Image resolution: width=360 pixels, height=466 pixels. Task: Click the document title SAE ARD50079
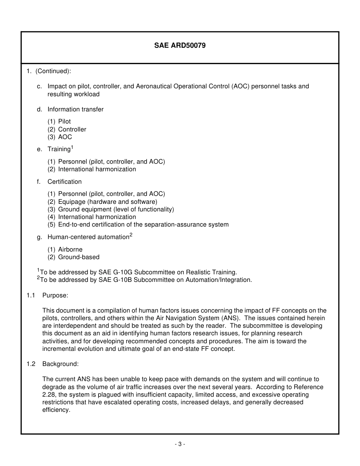coord(180,45)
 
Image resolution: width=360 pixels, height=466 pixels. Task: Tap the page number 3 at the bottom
coord(180,444)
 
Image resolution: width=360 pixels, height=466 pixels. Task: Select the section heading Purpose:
coord(55,295)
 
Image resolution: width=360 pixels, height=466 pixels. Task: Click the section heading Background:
coord(60,364)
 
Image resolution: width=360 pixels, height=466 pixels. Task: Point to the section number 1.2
coord(31,364)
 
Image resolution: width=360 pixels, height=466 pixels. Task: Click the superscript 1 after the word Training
coord(72,147)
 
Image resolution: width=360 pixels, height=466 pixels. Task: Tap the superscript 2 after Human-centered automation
coord(131,235)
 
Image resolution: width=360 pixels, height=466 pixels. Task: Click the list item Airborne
coord(70,249)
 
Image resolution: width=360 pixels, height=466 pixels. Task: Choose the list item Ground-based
coord(79,257)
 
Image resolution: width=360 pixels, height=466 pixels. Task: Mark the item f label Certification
coord(64,181)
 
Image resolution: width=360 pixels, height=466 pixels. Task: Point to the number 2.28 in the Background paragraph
coord(49,395)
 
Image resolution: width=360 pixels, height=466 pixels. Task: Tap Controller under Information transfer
coord(72,129)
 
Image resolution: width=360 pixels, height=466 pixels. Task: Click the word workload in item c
coord(87,94)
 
